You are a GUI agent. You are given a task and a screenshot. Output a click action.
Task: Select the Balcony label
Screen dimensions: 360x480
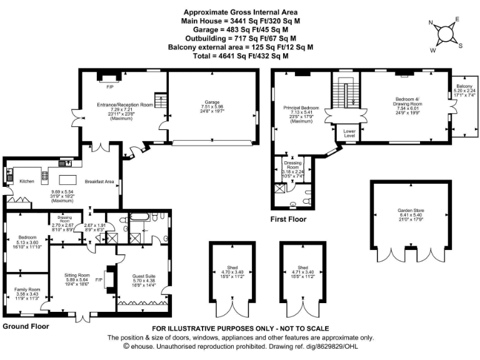(464, 86)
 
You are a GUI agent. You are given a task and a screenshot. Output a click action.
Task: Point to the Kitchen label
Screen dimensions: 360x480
(26, 181)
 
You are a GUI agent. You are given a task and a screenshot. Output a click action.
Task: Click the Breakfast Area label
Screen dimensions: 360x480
(100, 182)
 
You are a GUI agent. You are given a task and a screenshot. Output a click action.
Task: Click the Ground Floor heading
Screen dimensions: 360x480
(26, 326)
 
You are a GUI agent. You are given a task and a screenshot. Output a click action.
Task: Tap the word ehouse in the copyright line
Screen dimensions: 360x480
(143, 345)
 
